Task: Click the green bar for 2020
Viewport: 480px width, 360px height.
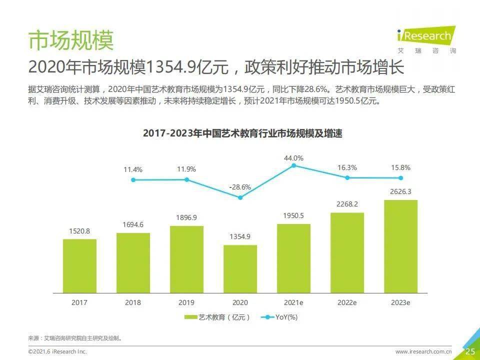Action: (240, 269)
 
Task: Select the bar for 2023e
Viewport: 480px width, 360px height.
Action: (400, 246)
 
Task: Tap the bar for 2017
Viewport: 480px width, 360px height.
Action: (79, 266)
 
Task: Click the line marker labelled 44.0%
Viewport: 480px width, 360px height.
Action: (293, 165)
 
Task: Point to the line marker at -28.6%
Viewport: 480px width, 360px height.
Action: (240, 198)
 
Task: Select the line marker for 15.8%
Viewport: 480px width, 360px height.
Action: (400, 178)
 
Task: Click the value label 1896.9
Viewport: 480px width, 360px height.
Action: (186, 217)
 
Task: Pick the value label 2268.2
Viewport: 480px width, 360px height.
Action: (347, 204)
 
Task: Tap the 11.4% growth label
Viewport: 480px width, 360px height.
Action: (133, 169)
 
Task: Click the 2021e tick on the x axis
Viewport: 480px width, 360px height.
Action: (293, 303)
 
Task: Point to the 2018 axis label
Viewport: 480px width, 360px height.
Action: (133, 303)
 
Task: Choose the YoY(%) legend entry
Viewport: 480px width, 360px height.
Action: (279, 317)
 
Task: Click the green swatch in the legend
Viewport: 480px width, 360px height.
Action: (190, 317)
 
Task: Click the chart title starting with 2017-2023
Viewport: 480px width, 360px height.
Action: (242, 133)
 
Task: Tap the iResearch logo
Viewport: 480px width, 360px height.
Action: (426, 39)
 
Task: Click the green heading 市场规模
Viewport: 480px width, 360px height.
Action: (71, 40)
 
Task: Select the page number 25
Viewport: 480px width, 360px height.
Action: (470, 351)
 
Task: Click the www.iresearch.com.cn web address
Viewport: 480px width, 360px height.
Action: (423, 351)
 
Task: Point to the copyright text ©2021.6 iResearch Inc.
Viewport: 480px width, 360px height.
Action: (57, 351)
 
